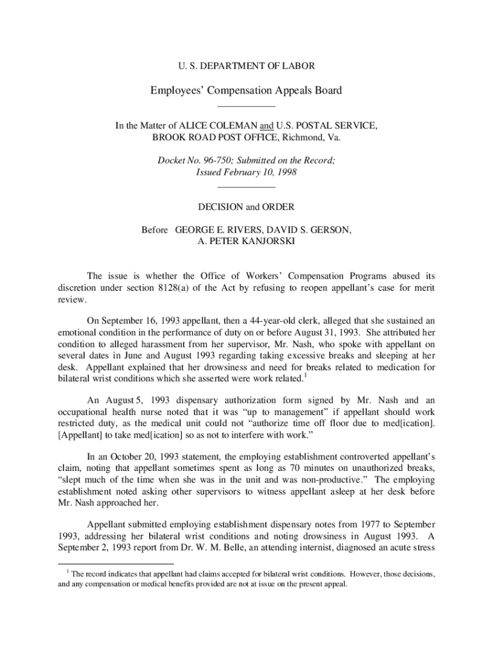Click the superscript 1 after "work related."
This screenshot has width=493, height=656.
tap(306, 376)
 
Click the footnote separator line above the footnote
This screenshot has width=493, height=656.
tap(103, 563)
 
